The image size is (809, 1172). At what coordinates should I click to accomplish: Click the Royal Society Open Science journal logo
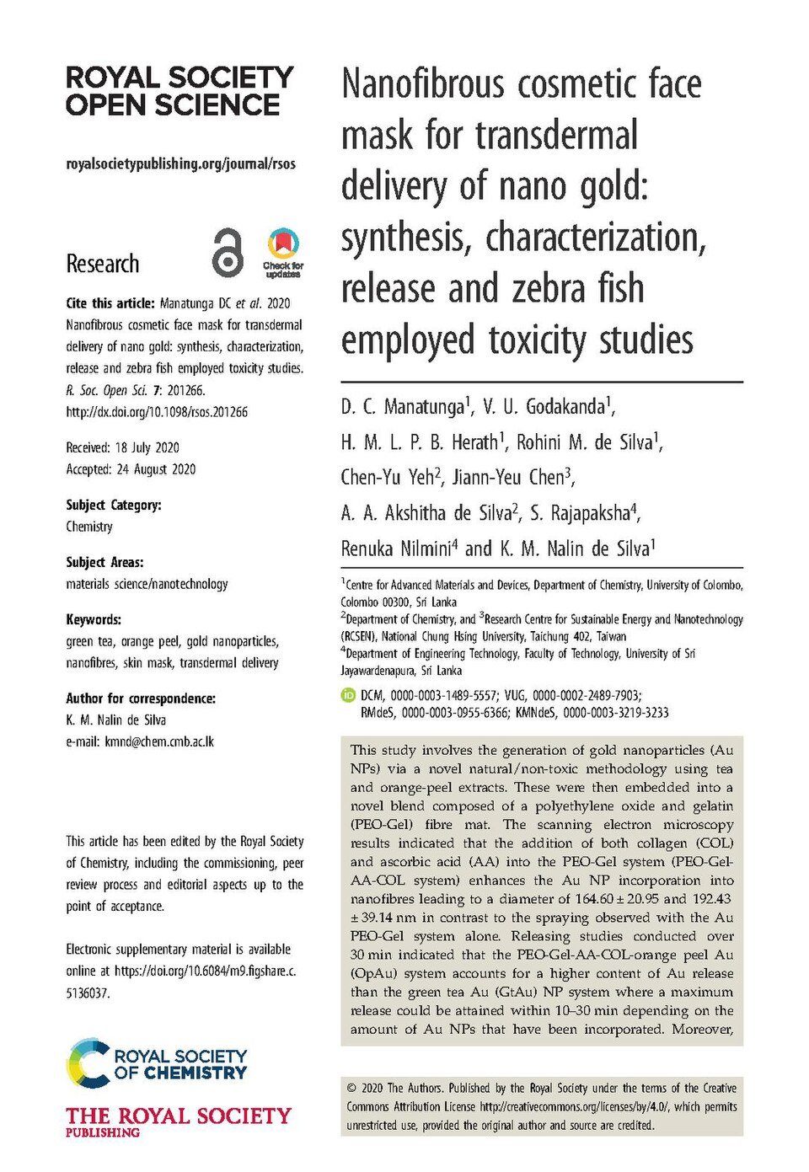pos(179,91)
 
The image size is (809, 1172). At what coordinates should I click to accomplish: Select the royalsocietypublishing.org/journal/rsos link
pos(180,163)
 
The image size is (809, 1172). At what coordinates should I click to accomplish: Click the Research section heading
pos(103,264)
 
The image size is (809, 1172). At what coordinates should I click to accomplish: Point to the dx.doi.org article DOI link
pos(157,412)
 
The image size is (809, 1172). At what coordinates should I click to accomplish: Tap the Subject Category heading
pos(113,505)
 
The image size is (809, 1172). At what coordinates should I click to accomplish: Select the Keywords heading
pos(94,619)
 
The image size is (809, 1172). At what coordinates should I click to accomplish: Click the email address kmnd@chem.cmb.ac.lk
pos(159,741)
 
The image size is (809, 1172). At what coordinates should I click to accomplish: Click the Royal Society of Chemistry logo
pos(157,1063)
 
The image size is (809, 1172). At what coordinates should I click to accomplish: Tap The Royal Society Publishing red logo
pos(178,1121)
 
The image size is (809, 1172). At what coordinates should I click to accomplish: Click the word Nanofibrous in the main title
pos(423,85)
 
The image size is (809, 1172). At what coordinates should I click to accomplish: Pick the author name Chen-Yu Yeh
pos(388,478)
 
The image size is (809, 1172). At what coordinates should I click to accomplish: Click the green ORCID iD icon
pos(347,695)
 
